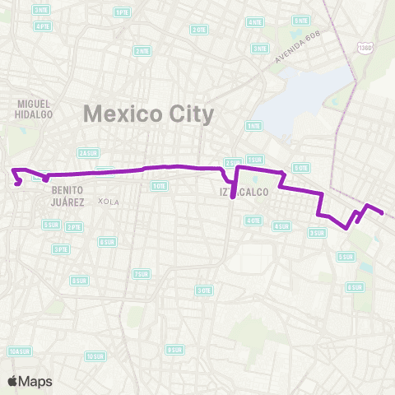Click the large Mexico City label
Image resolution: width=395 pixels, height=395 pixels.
(149, 112)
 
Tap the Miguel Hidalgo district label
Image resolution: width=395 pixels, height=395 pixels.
(34, 109)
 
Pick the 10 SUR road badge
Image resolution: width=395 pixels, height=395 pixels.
(95, 356)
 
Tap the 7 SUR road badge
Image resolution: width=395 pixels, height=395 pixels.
(142, 274)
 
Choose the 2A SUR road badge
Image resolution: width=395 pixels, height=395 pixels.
(88, 152)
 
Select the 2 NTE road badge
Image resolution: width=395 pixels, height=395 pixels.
(143, 50)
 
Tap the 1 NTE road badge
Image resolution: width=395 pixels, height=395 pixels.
(253, 126)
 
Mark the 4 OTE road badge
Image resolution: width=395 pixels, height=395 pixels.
(254, 221)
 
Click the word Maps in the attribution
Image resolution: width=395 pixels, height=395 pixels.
(35, 381)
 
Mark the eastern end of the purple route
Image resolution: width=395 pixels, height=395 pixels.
(383, 213)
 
